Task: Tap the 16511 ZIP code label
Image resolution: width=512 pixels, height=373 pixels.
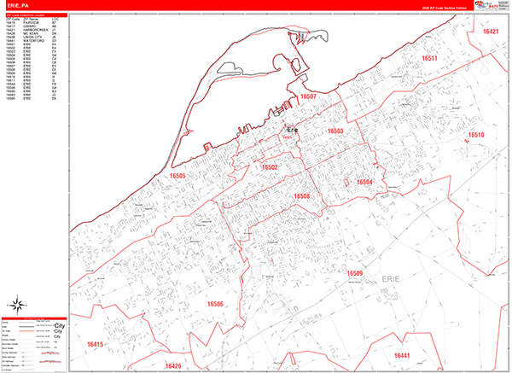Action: (x=429, y=59)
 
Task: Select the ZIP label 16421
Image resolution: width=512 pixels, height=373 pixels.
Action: (x=491, y=31)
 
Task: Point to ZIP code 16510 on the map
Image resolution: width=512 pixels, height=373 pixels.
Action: (x=475, y=136)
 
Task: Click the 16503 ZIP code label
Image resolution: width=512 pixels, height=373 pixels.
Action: (x=335, y=131)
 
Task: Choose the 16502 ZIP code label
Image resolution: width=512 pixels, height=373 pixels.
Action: (x=270, y=167)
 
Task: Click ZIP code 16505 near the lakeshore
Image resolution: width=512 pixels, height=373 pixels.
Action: (x=177, y=175)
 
